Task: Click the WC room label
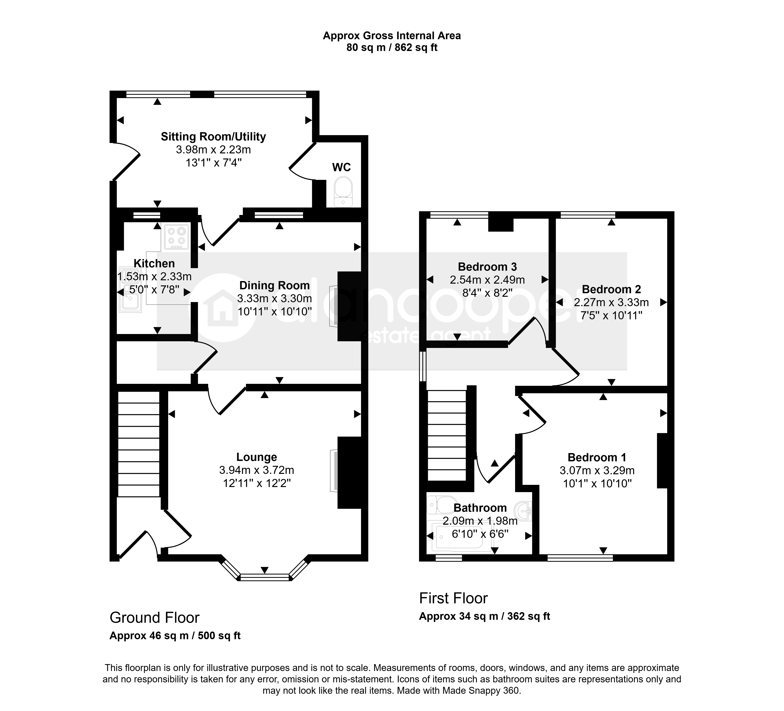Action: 341,167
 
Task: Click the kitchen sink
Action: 130,290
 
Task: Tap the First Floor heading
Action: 453,598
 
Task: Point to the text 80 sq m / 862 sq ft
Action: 392,47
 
